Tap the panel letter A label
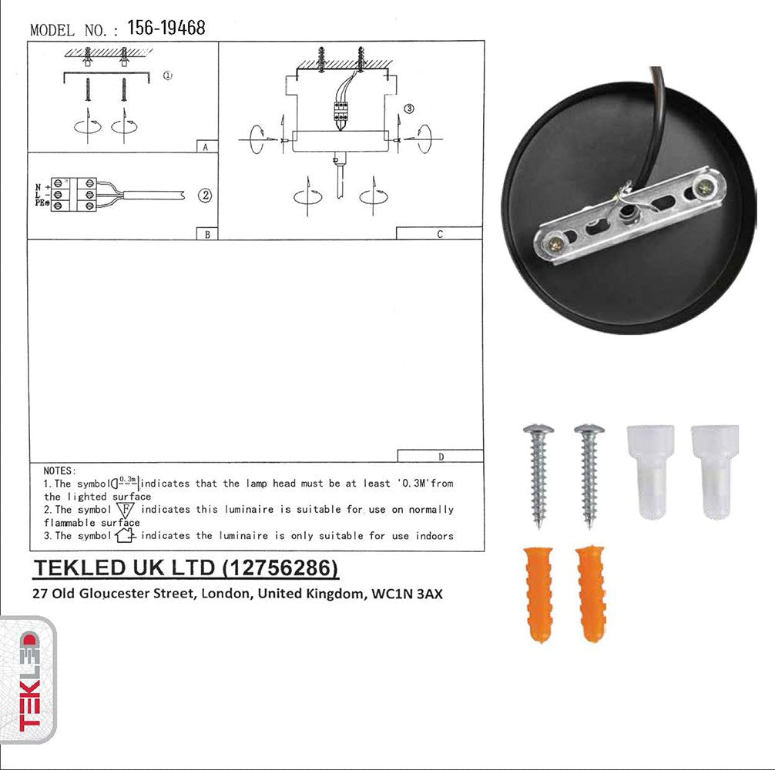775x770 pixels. tap(206, 146)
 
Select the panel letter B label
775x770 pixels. tap(206, 234)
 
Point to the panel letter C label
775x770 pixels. tap(439, 233)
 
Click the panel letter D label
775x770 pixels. tap(441, 456)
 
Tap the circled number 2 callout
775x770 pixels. tap(205, 195)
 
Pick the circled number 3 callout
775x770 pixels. tap(409, 109)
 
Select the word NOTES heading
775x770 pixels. tap(60, 470)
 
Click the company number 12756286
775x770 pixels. tap(280, 568)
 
